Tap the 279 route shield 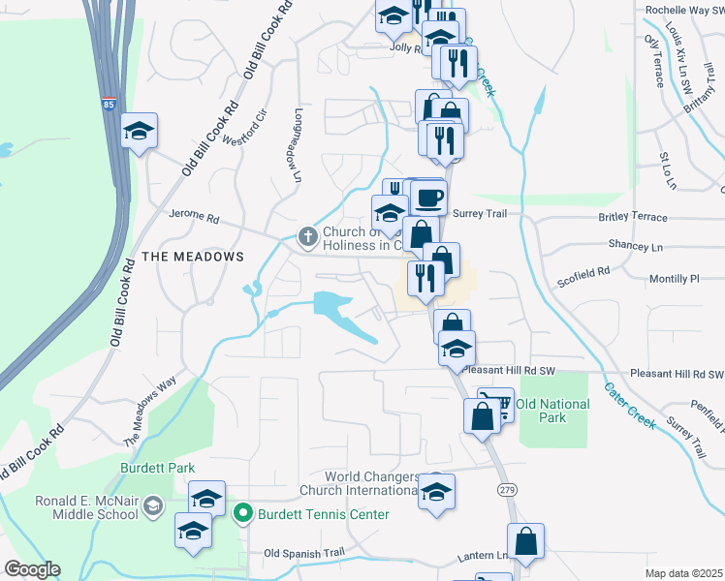tap(507, 491)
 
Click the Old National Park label tap(553, 411)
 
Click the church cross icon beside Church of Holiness tap(308, 235)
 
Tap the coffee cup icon tap(428, 198)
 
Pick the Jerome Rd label tap(190, 214)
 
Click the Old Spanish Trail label tap(304, 554)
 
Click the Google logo tap(32, 569)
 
